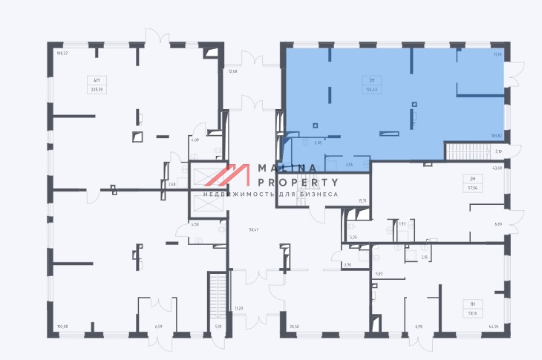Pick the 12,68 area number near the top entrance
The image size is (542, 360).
click(232, 71)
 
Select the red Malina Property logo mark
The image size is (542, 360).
click(227, 175)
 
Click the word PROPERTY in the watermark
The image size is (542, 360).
click(298, 182)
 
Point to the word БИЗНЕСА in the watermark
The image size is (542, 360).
click(319, 194)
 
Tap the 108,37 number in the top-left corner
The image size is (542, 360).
click(62, 53)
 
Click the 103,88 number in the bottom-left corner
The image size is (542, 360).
click(62, 326)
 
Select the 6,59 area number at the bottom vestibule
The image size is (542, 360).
click(157, 326)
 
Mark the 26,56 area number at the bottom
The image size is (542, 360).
click(294, 326)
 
